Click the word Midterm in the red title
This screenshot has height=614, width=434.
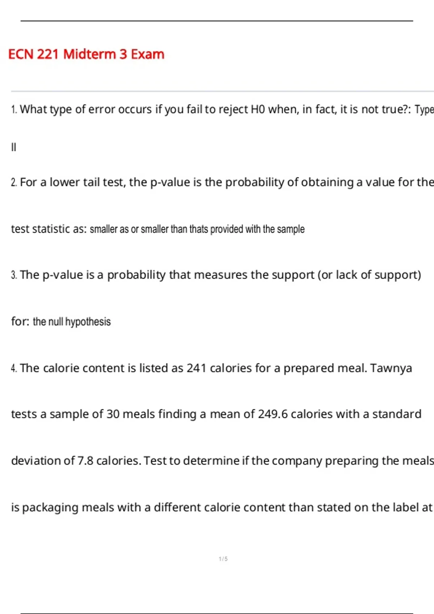point(90,54)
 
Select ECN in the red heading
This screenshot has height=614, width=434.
point(21,54)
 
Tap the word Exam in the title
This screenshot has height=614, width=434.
point(148,54)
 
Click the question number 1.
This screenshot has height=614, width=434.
point(14,109)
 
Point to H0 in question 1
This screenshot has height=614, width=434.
point(258,109)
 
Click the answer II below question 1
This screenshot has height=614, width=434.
point(14,147)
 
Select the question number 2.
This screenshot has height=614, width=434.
point(14,182)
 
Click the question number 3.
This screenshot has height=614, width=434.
point(14,275)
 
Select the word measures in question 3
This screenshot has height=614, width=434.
point(218,275)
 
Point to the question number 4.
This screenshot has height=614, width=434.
point(14,368)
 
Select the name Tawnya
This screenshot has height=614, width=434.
point(391,368)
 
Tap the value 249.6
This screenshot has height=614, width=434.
point(273,414)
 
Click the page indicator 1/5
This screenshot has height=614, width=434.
point(223,559)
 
